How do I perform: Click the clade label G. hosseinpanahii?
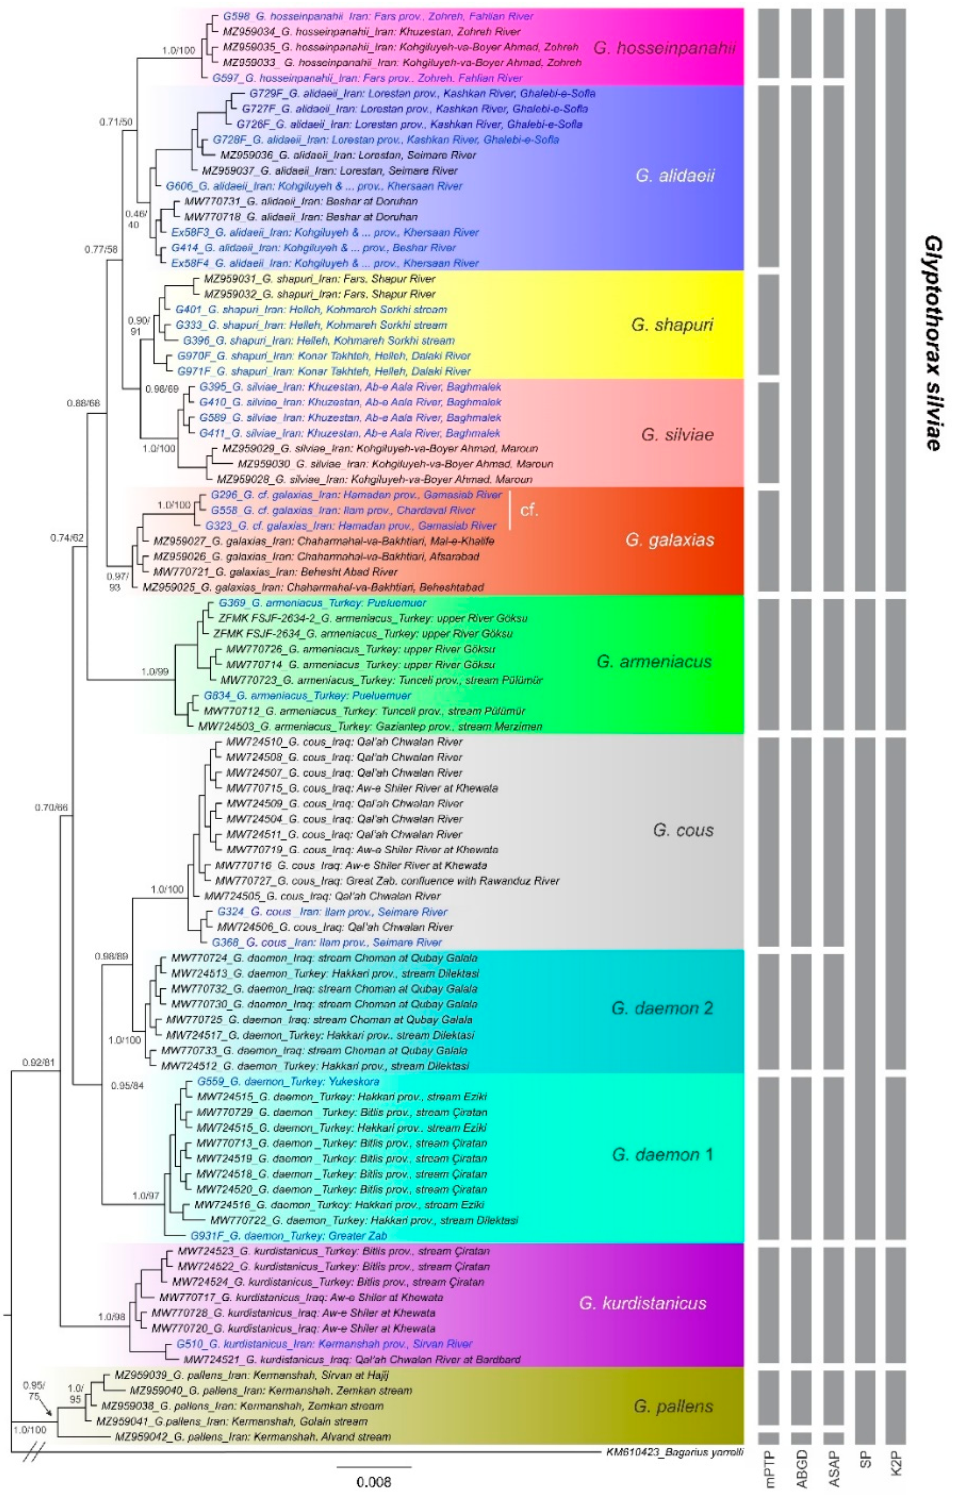tap(665, 48)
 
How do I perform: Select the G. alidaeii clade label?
tap(675, 176)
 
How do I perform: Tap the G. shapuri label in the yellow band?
tap(672, 325)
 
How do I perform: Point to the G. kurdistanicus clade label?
tap(643, 1303)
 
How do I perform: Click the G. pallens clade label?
tap(673, 1406)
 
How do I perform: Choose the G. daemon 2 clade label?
tap(662, 1008)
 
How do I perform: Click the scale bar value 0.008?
tap(374, 1482)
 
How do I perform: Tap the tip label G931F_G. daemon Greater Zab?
tap(288, 1236)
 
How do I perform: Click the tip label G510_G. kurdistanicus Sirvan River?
tap(324, 1344)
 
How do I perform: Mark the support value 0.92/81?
tap(38, 1063)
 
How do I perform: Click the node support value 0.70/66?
tap(51, 807)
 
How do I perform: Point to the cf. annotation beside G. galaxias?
tap(528, 511)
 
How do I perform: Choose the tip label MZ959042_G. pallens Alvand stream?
tap(253, 1436)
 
